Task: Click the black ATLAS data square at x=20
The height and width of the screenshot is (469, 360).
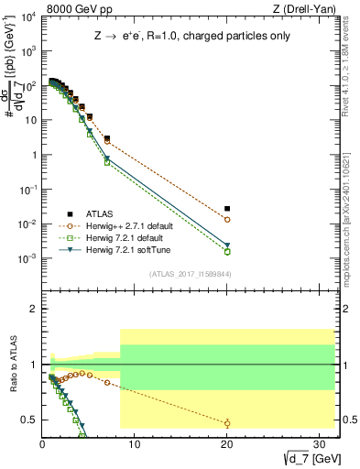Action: (227, 209)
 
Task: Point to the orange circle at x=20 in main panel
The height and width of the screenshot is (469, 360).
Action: (227, 220)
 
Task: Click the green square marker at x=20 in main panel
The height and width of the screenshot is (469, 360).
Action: (227, 252)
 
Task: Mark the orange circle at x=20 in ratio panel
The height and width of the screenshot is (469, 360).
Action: (227, 422)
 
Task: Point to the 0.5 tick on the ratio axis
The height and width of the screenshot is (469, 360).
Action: (29, 420)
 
